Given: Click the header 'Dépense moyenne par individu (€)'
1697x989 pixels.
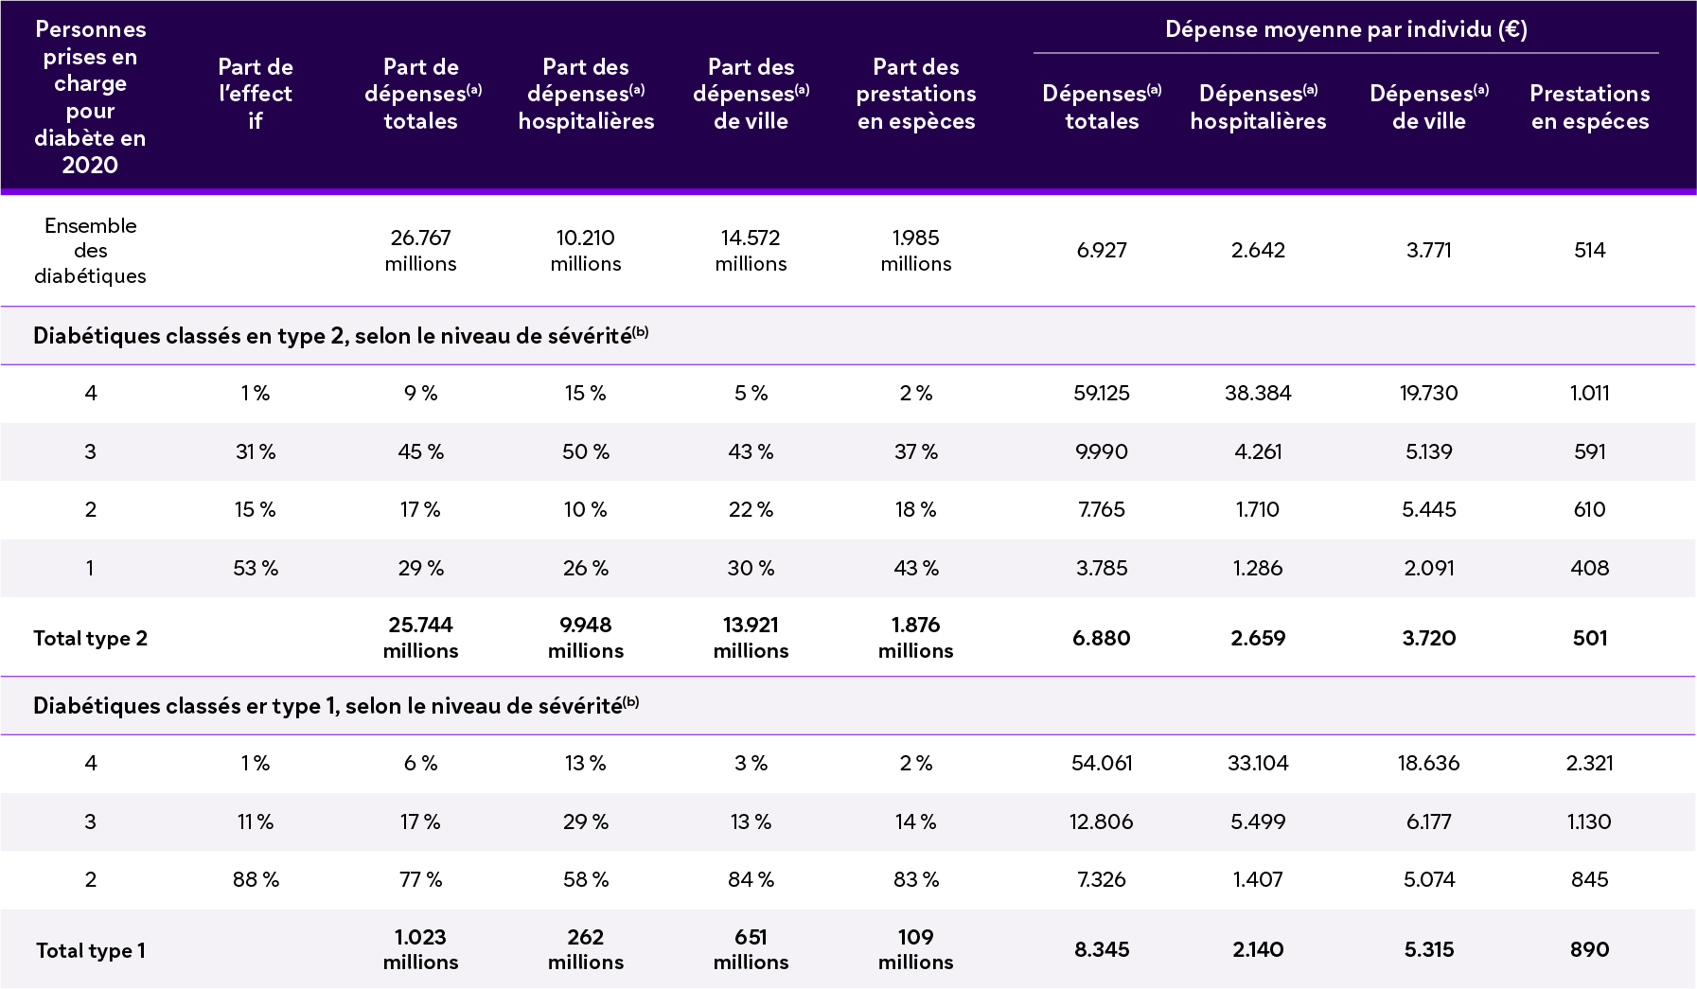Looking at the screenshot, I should coord(1345,29).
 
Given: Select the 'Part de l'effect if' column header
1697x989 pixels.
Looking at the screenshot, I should coord(256,94).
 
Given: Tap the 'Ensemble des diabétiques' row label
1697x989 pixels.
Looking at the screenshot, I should coord(91,251).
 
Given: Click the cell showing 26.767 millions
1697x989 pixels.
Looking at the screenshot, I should coord(420,251).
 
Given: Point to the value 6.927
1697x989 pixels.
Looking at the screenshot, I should coord(1102,251).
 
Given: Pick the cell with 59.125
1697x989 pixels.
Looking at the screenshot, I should coord(1102,393).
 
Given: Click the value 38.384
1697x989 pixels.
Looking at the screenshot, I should coord(1258,393).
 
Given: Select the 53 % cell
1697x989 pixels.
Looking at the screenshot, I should coord(256,568).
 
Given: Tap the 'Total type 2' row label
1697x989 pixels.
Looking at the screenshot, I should coord(91,638).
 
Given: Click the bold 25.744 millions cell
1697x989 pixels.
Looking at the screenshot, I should coord(420,637).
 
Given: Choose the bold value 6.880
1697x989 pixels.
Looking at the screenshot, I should coord(1102,638).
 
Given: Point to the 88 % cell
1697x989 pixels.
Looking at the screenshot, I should coord(256,879).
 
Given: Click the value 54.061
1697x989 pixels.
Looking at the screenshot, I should coord(1102,763).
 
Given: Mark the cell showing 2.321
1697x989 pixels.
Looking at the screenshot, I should coord(1589,763).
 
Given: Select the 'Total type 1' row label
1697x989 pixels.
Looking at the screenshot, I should coord(91,950).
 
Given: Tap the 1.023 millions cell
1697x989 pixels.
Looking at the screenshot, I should coord(420,949).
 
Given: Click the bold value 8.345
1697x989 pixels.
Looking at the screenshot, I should coord(1102,949).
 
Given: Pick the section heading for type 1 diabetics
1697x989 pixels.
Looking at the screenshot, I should coord(336,706).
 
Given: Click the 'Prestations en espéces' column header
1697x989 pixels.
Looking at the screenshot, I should coord(1589,107).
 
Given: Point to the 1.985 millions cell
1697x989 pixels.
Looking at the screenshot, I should coord(916,251).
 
